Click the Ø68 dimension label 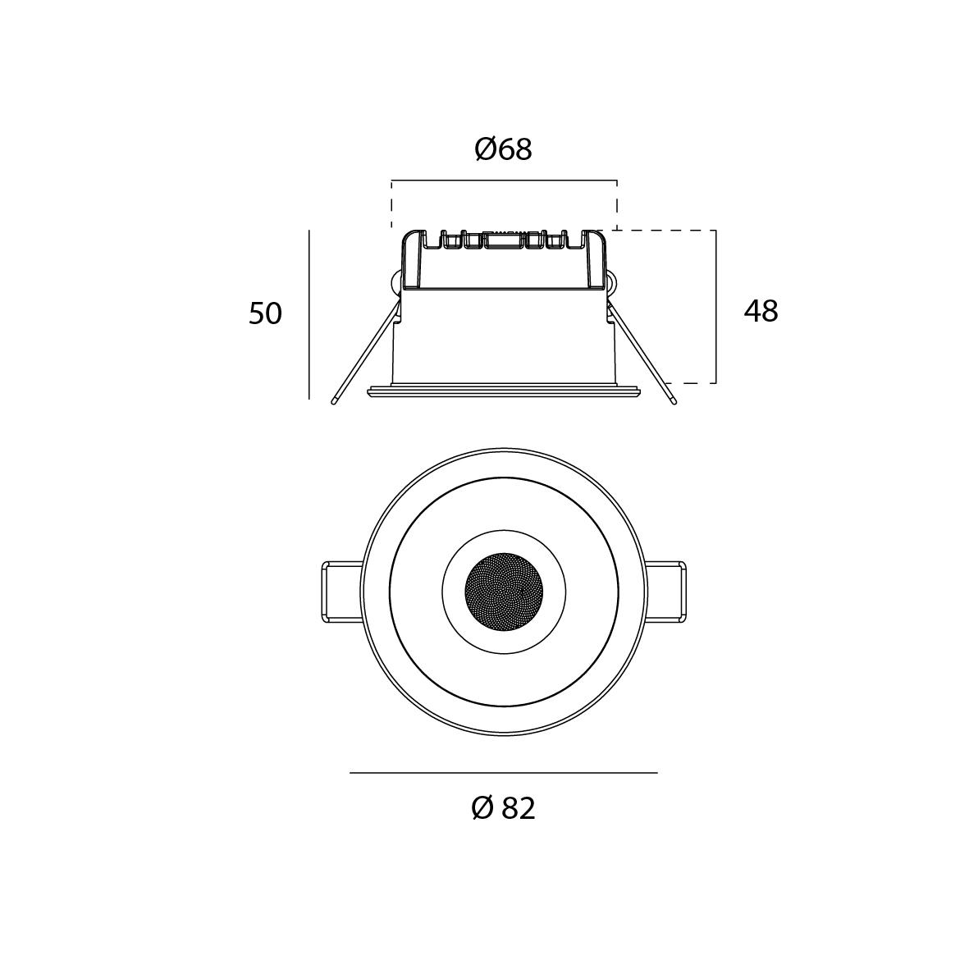point(503,149)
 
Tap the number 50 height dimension point(265,313)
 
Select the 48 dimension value point(761,311)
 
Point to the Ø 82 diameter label point(503,808)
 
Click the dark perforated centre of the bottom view point(504,592)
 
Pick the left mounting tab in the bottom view point(342,592)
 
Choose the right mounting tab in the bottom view point(665,592)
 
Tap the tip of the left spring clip point(334,402)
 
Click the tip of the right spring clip point(674,402)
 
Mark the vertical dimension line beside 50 point(309,314)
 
